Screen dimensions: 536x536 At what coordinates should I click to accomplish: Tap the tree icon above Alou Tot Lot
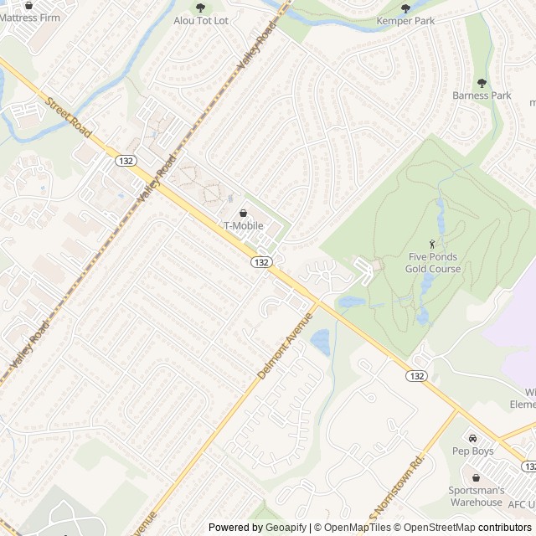point(200,8)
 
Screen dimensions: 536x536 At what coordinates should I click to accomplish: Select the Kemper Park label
point(406,21)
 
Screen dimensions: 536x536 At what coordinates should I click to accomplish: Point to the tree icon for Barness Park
point(482,83)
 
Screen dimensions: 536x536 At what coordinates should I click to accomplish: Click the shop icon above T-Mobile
point(243,213)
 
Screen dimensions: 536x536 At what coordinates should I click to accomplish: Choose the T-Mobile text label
point(243,226)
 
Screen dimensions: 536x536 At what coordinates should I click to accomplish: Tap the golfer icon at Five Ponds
point(432,243)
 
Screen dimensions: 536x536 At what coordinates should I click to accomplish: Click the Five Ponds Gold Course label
point(433,263)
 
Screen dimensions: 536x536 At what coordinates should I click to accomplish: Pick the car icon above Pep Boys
point(472,438)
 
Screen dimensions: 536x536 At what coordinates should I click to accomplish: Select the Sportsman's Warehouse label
point(477,496)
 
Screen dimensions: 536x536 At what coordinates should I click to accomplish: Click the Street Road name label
point(69,116)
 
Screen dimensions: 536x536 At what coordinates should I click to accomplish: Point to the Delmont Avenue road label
point(285,346)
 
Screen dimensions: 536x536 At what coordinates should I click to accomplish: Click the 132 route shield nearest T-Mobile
point(260,262)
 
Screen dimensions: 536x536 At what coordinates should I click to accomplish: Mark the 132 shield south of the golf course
point(417,376)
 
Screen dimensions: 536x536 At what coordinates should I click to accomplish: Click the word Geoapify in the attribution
point(286,528)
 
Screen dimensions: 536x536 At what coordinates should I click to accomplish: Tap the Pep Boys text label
point(473,451)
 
